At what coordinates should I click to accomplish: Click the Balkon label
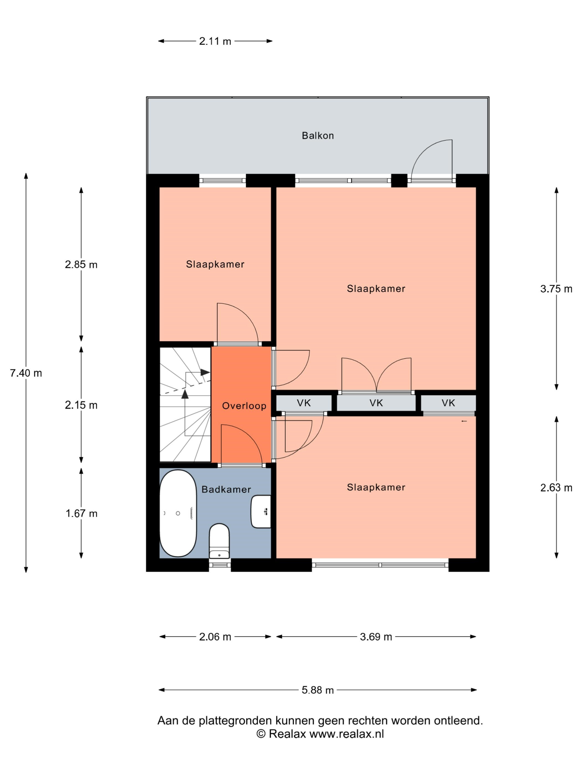coord(318,136)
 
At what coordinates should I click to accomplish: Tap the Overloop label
coord(244,406)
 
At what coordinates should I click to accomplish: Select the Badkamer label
coord(226,489)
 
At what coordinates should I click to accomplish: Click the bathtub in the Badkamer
coord(178,513)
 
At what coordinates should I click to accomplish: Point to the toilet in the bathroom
coord(219,541)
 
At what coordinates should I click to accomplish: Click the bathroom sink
coord(261,512)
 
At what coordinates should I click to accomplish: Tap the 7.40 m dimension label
coord(26,373)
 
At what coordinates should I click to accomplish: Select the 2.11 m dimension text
coord(215,41)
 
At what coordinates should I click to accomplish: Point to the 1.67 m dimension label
coord(81,514)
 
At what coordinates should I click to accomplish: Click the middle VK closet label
coord(376,403)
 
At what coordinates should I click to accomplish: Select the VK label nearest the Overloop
coord(304,403)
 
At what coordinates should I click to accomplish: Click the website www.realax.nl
coord(347,734)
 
